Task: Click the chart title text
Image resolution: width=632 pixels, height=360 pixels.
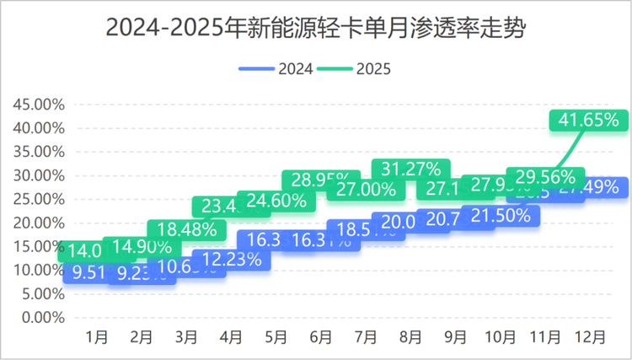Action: pos(316,28)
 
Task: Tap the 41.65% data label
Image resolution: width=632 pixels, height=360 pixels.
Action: pos(589,120)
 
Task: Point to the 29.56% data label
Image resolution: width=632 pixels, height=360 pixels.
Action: pos(545,176)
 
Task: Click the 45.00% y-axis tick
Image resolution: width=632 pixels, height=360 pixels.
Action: pos(39,105)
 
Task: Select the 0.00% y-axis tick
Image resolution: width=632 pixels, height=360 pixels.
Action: pos(42,318)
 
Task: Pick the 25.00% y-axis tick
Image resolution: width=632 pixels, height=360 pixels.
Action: pos(39,199)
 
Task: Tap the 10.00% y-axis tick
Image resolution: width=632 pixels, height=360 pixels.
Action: pos(39,271)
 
